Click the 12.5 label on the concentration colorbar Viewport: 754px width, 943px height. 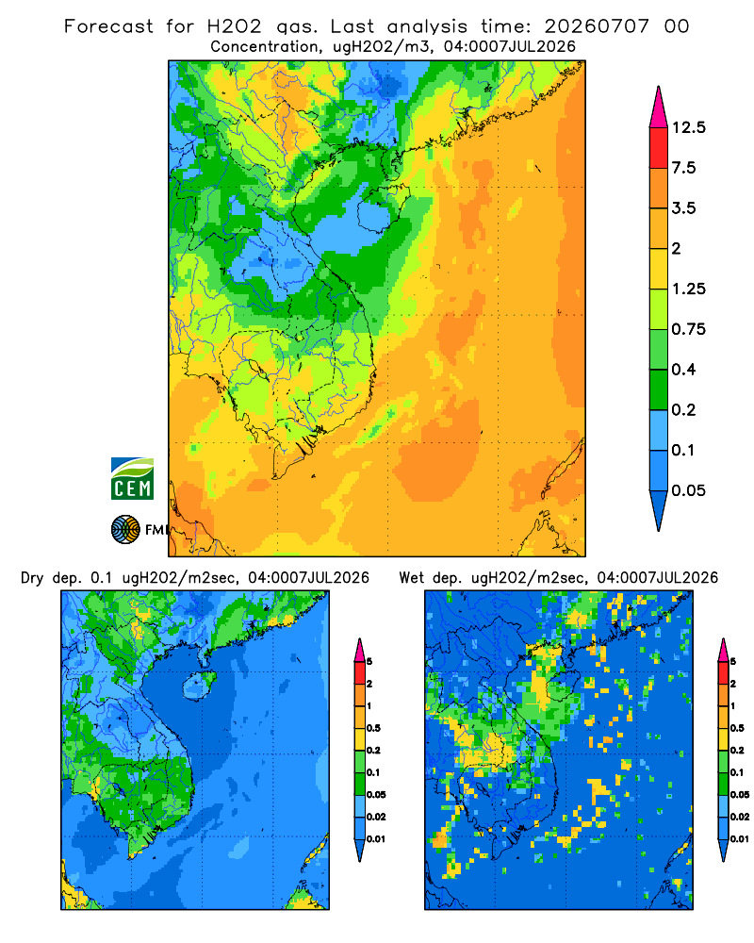pos(688,127)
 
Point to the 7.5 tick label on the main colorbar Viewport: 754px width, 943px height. pos(683,168)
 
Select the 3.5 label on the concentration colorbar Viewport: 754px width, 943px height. pos(683,208)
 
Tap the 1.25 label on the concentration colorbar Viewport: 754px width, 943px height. pos(688,289)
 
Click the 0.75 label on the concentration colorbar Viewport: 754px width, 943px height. pos(688,329)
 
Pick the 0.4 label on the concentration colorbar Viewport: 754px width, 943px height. pos(683,370)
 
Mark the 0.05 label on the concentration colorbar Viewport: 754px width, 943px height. pos(688,490)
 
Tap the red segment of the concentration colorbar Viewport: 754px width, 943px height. pos(659,148)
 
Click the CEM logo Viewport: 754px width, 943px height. pos(132,479)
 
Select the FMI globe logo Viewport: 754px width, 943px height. pos(125,530)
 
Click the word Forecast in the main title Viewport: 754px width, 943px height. pos(108,26)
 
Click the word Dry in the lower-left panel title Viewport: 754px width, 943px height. pos(32,578)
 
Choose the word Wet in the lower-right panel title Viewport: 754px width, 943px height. pos(412,578)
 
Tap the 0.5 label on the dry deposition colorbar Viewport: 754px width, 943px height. pos(373,728)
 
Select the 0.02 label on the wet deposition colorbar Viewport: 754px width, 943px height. pos(740,817)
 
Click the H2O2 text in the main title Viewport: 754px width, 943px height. pos(234,26)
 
